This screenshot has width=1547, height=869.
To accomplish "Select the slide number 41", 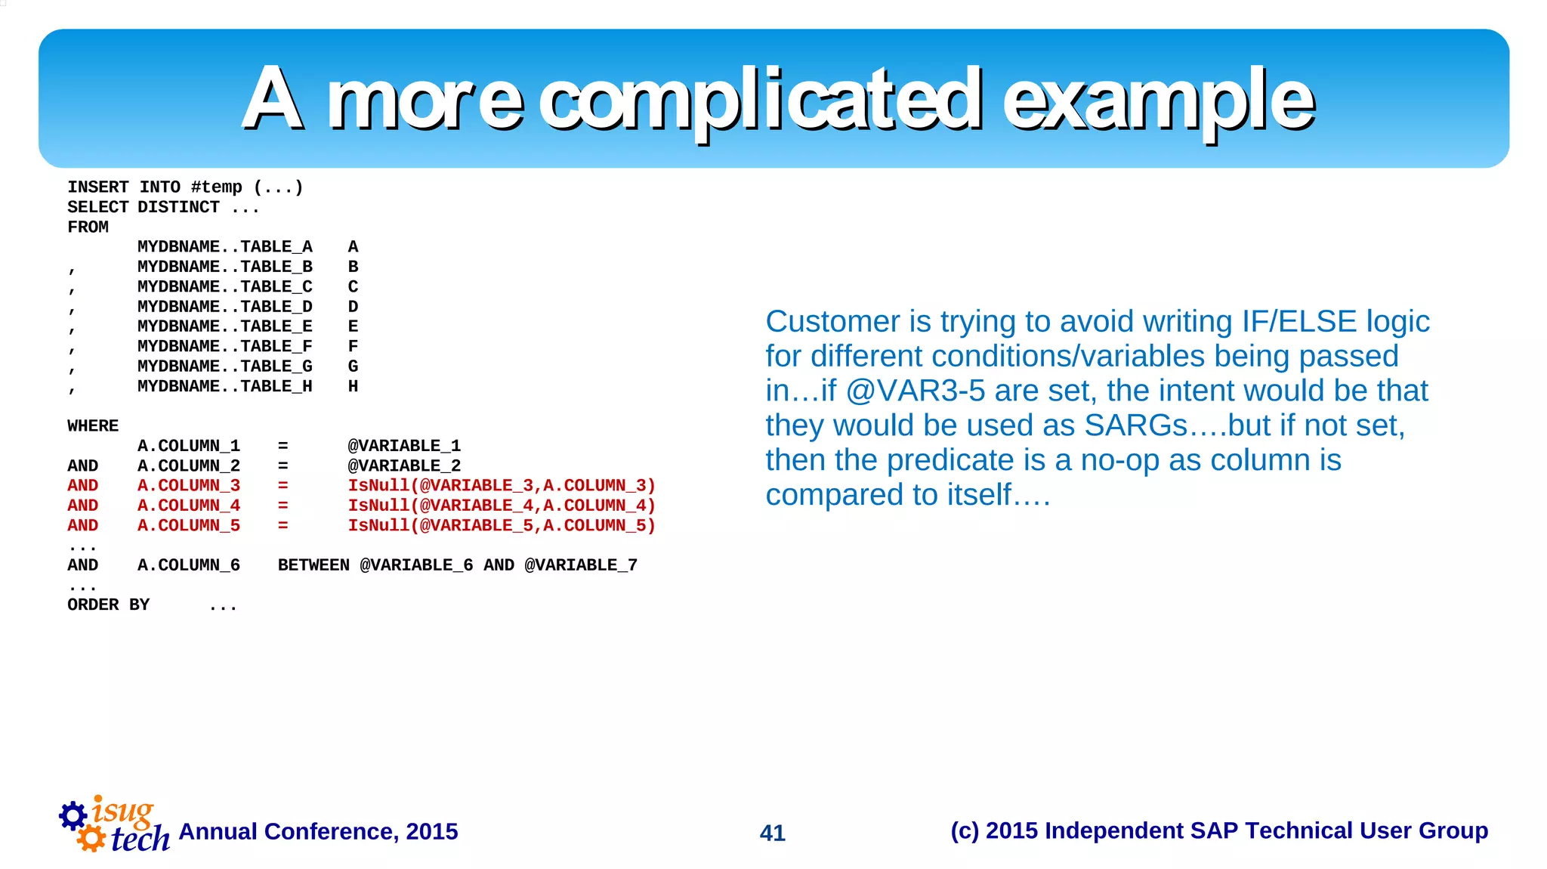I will tap(772, 833).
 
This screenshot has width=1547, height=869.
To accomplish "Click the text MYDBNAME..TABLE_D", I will tap(224, 307).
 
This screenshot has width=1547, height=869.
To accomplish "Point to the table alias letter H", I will tap(353, 386).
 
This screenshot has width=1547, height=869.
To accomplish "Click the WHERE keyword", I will tap(92, 426).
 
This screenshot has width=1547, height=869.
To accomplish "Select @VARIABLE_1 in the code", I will tap(403, 446).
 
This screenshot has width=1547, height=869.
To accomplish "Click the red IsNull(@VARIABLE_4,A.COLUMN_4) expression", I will tap(501, 506).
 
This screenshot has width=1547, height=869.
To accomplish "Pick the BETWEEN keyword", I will tap(313, 565).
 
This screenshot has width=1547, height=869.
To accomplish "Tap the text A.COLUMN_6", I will tap(188, 565).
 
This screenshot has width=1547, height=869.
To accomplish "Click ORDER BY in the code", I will tap(108, 605).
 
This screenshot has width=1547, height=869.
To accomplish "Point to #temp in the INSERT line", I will tap(216, 187).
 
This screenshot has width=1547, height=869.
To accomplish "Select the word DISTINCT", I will tap(178, 207).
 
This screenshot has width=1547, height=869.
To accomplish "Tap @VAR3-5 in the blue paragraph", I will tap(915, 391).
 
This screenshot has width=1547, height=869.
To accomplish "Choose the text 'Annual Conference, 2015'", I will tap(318, 831).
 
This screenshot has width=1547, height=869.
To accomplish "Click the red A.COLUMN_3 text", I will tap(188, 486).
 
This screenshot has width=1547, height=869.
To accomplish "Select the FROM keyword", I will tap(88, 227).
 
